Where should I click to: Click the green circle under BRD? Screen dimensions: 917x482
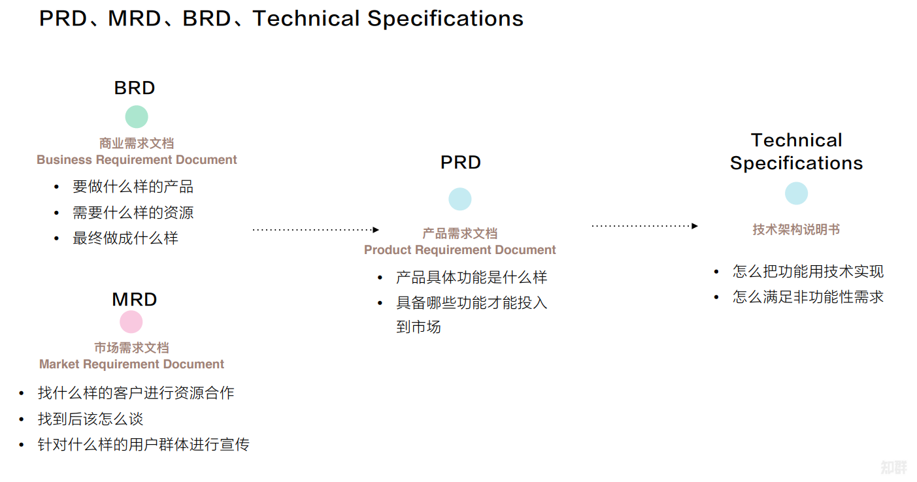(137, 117)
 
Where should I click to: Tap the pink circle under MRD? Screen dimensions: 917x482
(131, 322)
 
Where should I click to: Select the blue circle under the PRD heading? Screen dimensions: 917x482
(460, 199)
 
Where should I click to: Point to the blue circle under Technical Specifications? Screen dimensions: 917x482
(796, 193)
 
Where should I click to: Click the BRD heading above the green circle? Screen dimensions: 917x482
(135, 88)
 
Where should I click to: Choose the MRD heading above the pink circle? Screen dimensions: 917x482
(135, 300)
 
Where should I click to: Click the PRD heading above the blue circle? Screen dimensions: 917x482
(461, 163)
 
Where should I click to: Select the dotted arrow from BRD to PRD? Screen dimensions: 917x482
(316, 230)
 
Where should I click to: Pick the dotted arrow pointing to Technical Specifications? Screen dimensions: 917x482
(644, 226)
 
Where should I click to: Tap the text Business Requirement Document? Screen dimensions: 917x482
(137, 159)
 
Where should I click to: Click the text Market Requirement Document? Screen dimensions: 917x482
(131, 364)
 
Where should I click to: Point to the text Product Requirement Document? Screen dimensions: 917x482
(459, 249)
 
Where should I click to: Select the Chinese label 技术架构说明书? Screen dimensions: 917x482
(796, 229)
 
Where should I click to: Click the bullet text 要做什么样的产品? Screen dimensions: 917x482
(133, 187)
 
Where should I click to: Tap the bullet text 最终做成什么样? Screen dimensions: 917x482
(125, 238)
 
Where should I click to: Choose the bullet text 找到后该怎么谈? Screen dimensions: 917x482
(90, 419)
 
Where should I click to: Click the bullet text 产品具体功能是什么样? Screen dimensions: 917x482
(472, 278)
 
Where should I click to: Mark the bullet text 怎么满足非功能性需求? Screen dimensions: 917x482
(808, 297)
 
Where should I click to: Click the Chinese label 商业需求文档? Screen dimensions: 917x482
(137, 144)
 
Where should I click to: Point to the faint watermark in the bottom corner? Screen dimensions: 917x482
(894, 467)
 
